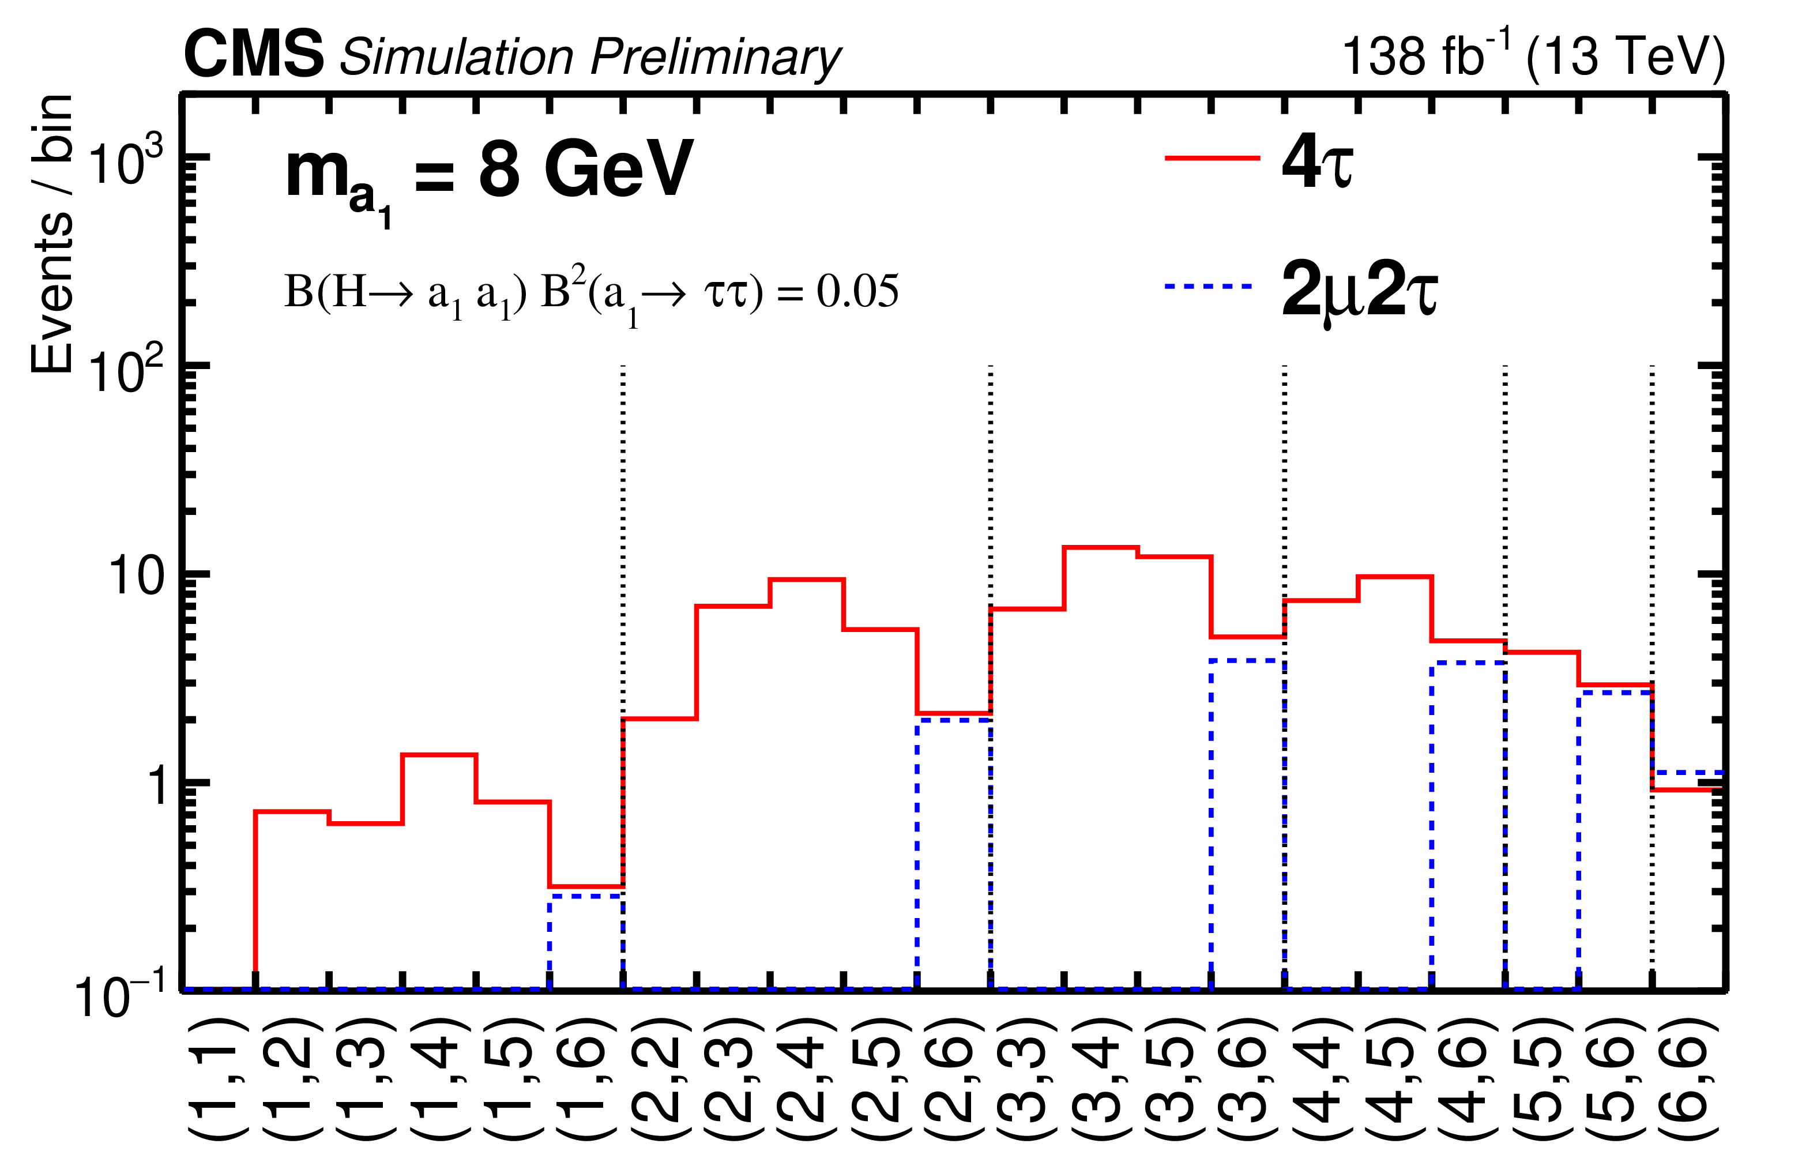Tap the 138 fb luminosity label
(x=1423, y=55)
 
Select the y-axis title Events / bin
(x=51, y=235)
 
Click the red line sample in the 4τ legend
(x=1212, y=158)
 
